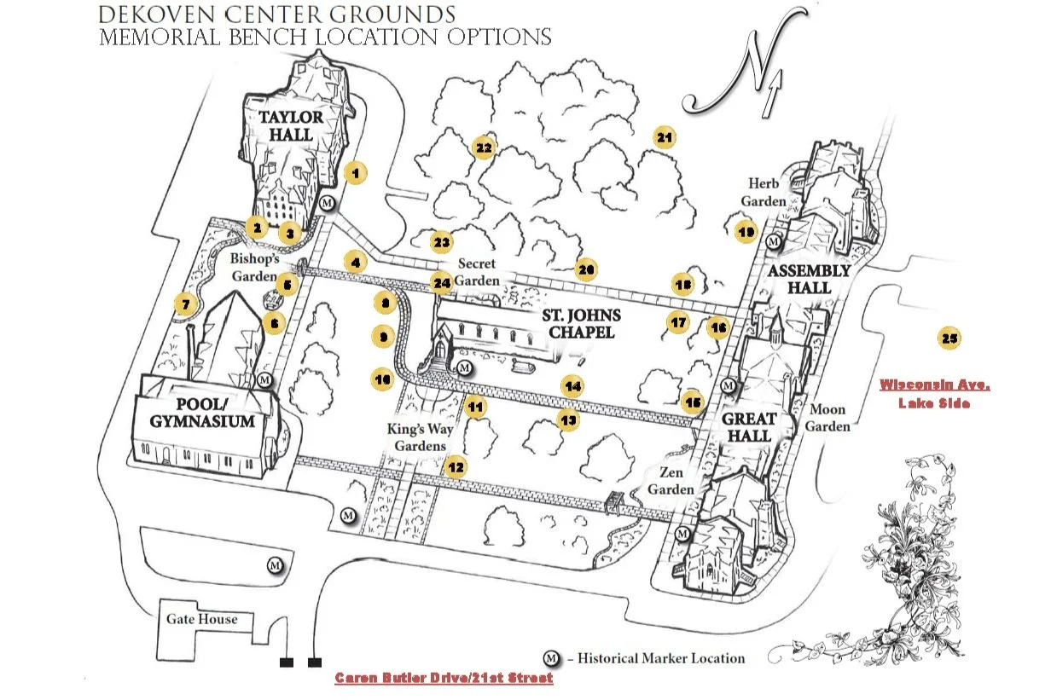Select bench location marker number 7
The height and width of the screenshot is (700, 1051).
pyautogui.click(x=184, y=304)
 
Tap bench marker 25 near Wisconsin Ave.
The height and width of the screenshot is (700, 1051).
pyautogui.click(x=949, y=338)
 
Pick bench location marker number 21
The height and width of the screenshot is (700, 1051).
pyautogui.click(x=664, y=136)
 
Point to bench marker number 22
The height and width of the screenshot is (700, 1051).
pyautogui.click(x=484, y=148)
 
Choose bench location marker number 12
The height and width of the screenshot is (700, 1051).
pyautogui.click(x=456, y=466)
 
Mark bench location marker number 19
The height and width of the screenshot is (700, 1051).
pyautogui.click(x=746, y=231)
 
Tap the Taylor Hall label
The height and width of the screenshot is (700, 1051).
pyautogui.click(x=292, y=125)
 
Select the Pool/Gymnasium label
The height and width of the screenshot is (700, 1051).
pyautogui.click(x=203, y=413)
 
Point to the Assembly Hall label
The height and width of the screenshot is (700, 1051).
pyautogui.click(x=809, y=280)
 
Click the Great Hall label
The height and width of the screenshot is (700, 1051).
pyautogui.click(x=749, y=427)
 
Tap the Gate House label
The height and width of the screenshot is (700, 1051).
pyautogui.click(x=202, y=619)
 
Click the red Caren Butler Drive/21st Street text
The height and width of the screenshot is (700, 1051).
pyautogui.click(x=444, y=678)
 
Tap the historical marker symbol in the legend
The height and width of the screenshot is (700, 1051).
pyautogui.click(x=552, y=658)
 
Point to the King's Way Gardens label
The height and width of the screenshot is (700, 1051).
pyautogui.click(x=417, y=437)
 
